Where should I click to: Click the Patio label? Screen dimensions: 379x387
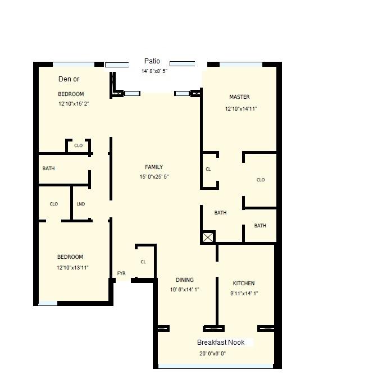tap(152, 61)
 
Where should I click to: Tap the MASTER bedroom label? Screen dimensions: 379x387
tap(239, 97)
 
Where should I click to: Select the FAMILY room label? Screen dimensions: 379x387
tap(154, 167)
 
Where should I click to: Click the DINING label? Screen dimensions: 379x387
tap(185, 280)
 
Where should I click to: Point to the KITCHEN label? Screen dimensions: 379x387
tap(244, 284)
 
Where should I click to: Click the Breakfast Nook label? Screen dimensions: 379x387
tap(220, 343)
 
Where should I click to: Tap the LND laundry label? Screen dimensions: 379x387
tap(80, 204)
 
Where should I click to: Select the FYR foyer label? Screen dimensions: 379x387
tap(121, 274)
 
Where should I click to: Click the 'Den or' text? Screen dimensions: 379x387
tap(69, 79)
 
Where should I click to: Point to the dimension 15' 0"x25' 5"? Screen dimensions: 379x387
tap(154, 177)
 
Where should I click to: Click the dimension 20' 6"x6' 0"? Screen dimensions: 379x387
tap(212, 354)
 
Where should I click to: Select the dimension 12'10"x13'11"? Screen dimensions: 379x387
tap(72, 268)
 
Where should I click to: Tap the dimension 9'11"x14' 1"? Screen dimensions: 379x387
tap(244, 294)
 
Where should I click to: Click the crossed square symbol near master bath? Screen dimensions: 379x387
tap(208, 238)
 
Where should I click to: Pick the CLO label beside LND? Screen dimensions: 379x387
tap(54, 204)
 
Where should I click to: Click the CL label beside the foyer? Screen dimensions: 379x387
tap(143, 262)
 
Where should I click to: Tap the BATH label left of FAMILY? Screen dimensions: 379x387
tap(48, 168)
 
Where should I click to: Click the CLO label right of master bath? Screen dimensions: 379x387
tap(260, 180)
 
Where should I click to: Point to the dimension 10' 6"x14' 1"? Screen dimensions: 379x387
tap(185, 290)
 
